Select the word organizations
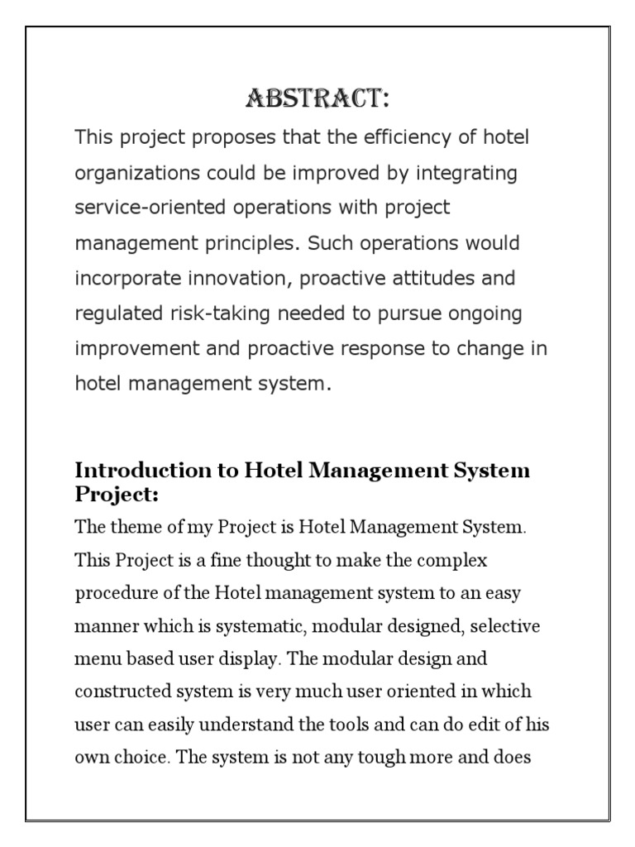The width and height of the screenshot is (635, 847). coord(133,174)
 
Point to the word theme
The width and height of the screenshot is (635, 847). coord(129,527)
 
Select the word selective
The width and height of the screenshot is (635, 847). coord(506,626)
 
